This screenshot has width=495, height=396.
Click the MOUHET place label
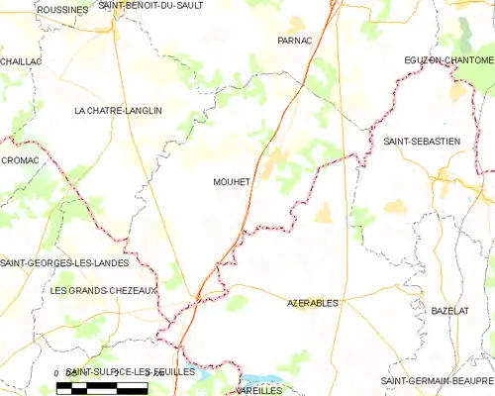point(232,182)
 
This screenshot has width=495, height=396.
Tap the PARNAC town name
point(295,41)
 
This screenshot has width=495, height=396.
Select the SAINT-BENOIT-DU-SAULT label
point(149,7)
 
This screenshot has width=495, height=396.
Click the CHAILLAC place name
point(21,61)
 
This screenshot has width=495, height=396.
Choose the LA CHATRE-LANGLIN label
point(118,111)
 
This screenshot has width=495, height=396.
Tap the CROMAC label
point(20,159)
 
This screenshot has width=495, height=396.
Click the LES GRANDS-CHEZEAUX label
point(103,290)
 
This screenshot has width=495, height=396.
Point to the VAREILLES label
point(260,391)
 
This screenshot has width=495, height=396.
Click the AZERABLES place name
point(312,301)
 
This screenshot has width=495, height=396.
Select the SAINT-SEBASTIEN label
point(422,142)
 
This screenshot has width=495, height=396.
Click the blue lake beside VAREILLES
point(262,379)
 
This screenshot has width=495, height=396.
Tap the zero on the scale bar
point(57,373)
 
